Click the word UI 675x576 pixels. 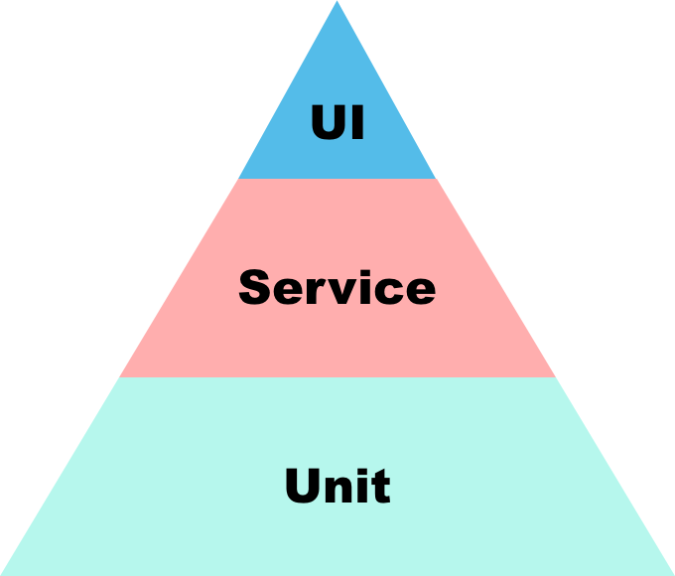tap(337, 124)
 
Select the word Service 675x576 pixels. tap(337, 288)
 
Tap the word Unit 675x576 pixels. tap(337, 487)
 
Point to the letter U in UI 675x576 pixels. tap(326, 124)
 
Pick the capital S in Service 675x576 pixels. tap(256, 288)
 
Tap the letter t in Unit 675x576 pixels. tap(380, 488)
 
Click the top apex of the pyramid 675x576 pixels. tap(337, 4)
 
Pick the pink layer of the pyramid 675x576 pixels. tap(337, 338)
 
